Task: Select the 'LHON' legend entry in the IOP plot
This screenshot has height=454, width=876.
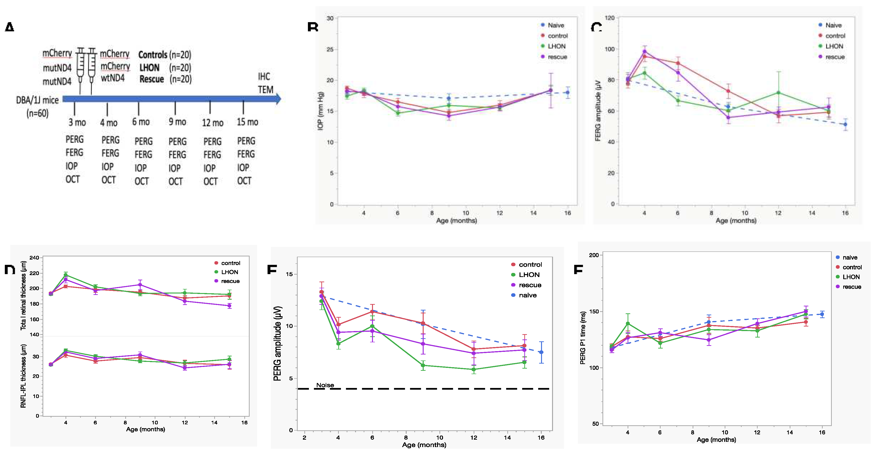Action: click(556, 46)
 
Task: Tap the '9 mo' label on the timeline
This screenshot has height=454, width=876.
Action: click(177, 122)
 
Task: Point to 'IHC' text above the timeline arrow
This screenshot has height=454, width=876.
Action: click(264, 77)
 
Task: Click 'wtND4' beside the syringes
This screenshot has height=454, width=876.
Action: click(113, 78)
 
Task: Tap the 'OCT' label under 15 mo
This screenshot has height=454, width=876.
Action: click(244, 181)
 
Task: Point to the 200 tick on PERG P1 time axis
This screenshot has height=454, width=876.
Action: click(594, 255)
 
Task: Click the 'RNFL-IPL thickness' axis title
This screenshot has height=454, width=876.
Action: click(23, 376)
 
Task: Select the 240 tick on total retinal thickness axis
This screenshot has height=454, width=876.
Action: click(34, 258)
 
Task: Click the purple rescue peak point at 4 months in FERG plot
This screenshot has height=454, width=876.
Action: click(644, 51)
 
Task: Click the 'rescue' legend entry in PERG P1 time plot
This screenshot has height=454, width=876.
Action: click(852, 287)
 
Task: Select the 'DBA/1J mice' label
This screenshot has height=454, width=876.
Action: click(37, 100)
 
